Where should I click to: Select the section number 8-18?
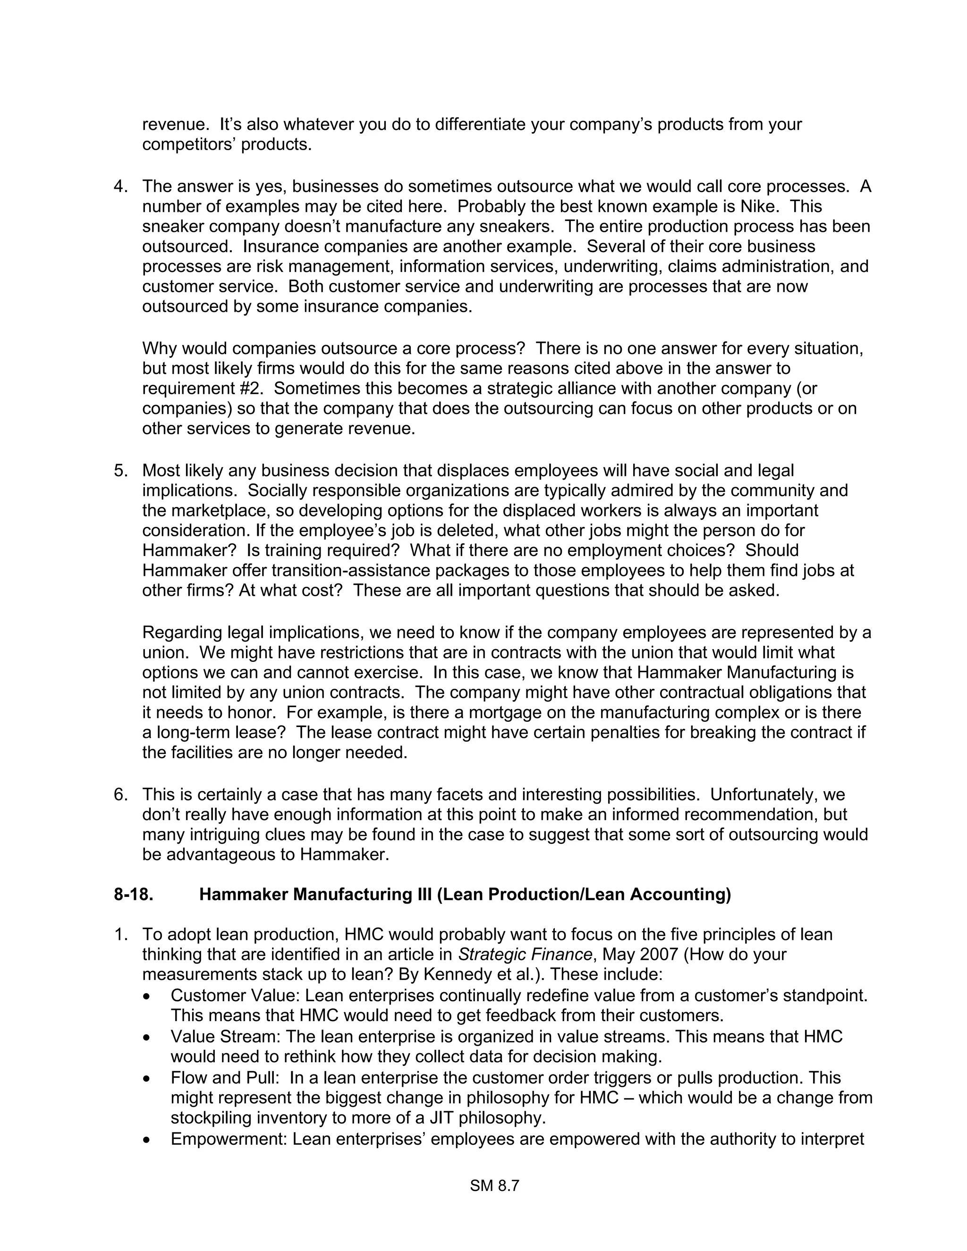pyautogui.click(x=134, y=894)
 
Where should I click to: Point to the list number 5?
pyautogui.click(x=120, y=471)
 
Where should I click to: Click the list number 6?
pyautogui.click(x=120, y=795)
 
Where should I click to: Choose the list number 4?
pyautogui.click(x=120, y=187)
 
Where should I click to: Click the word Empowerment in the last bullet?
pyautogui.click(x=229, y=1139)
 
